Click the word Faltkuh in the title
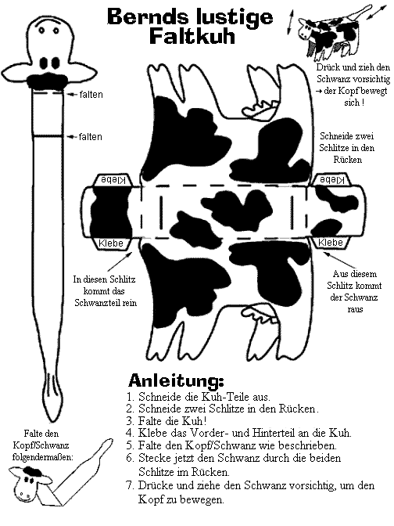tap(192, 36)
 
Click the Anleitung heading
tap(176, 380)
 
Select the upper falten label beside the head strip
tap(91, 95)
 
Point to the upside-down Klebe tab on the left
tap(113, 180)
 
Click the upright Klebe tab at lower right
tap(331, 242)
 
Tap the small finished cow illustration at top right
tap(328, 32)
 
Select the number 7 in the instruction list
tap(131, 485)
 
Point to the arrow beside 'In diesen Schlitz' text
tap(120, 261)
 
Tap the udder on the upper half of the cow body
tap(260, 108)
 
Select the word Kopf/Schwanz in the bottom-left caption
tap(41, 445)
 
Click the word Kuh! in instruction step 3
tap(195, 420)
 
